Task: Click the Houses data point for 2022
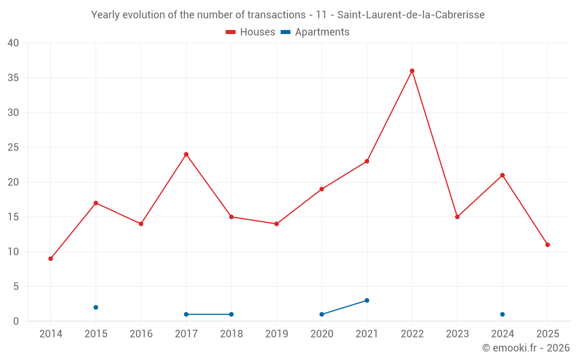[412, 71]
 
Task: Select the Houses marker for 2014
[51, 259]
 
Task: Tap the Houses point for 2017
[186, 154]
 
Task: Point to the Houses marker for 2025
[547, 245]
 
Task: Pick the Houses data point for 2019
[276, 224]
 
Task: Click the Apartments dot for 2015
[96, 308]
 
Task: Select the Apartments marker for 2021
[367, 301]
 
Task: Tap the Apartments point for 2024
[502, 314]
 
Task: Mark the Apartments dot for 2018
[231, 314]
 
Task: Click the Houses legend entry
[250, 32]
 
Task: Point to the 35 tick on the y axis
[13, 78]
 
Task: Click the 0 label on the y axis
[16, 321]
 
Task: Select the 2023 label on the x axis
[457, 334]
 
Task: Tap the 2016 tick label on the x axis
[141, 334]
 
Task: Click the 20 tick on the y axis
[13, 182]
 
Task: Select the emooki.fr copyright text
[526, 348]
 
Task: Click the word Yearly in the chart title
[105, 15]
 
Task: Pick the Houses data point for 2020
[321, 189]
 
